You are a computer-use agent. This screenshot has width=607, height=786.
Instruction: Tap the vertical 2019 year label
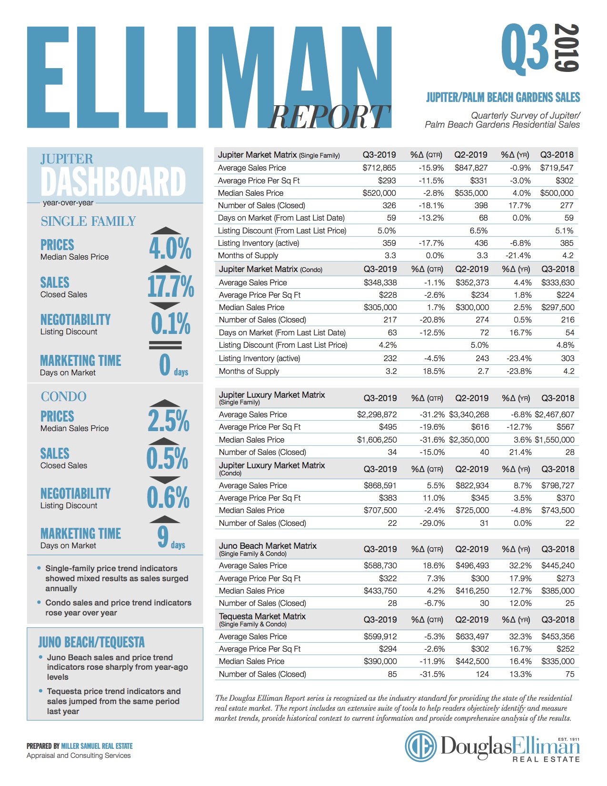click(x=567, y=48)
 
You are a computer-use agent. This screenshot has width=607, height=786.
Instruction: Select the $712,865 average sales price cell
click(x=379, y=168)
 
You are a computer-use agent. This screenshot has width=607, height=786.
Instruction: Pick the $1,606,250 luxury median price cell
click(x=377, y=440)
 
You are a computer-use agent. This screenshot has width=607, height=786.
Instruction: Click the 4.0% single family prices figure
click(x=170, y=248)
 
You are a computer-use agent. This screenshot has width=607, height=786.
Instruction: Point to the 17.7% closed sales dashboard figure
click(x=170, y=286)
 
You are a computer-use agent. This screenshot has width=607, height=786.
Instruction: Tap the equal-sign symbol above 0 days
click(x=165, y=345)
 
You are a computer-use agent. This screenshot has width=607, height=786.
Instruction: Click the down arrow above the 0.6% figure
click(x=165, y=480)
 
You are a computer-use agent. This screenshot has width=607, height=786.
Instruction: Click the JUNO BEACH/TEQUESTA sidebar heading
click(x=91, y=642)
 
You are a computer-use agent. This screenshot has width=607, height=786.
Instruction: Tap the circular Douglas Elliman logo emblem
click(x=420, y=746)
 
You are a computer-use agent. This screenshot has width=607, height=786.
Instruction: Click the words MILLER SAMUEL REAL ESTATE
click(x=97, y=746)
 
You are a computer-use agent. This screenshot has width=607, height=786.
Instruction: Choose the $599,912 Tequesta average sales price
click(x=380, y=636)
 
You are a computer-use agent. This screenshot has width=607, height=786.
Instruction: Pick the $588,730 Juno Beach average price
click(x=380, y=566)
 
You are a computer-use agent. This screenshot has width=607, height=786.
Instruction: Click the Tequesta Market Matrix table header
click(x=262, y=620)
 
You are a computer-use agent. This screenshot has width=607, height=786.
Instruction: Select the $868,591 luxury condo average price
click(x=380, y=485)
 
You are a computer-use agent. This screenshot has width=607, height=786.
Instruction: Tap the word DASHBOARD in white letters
click(x=113, y=181)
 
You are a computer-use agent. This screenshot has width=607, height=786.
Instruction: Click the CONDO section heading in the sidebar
click(x=64, y=396)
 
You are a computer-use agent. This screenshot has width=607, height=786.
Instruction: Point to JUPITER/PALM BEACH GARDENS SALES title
click(x=503, y=97)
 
